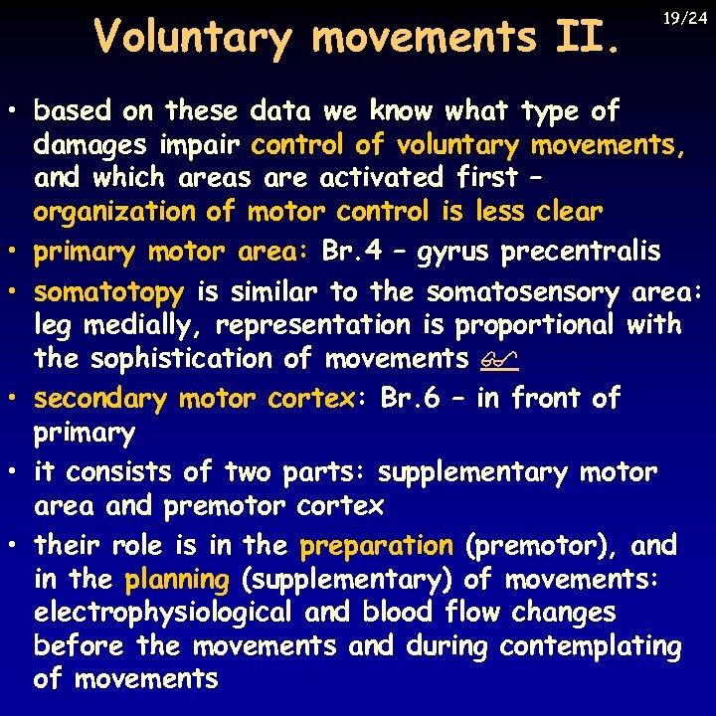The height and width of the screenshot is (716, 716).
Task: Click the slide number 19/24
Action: pos(686,17)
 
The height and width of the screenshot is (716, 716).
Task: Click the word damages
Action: pos(92,145)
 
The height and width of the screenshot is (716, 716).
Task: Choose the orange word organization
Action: pos(113,212)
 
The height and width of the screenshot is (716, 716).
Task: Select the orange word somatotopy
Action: pos(108,292)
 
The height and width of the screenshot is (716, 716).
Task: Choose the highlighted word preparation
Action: pos(376,546)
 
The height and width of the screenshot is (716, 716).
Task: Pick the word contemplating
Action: pos(591,646)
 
